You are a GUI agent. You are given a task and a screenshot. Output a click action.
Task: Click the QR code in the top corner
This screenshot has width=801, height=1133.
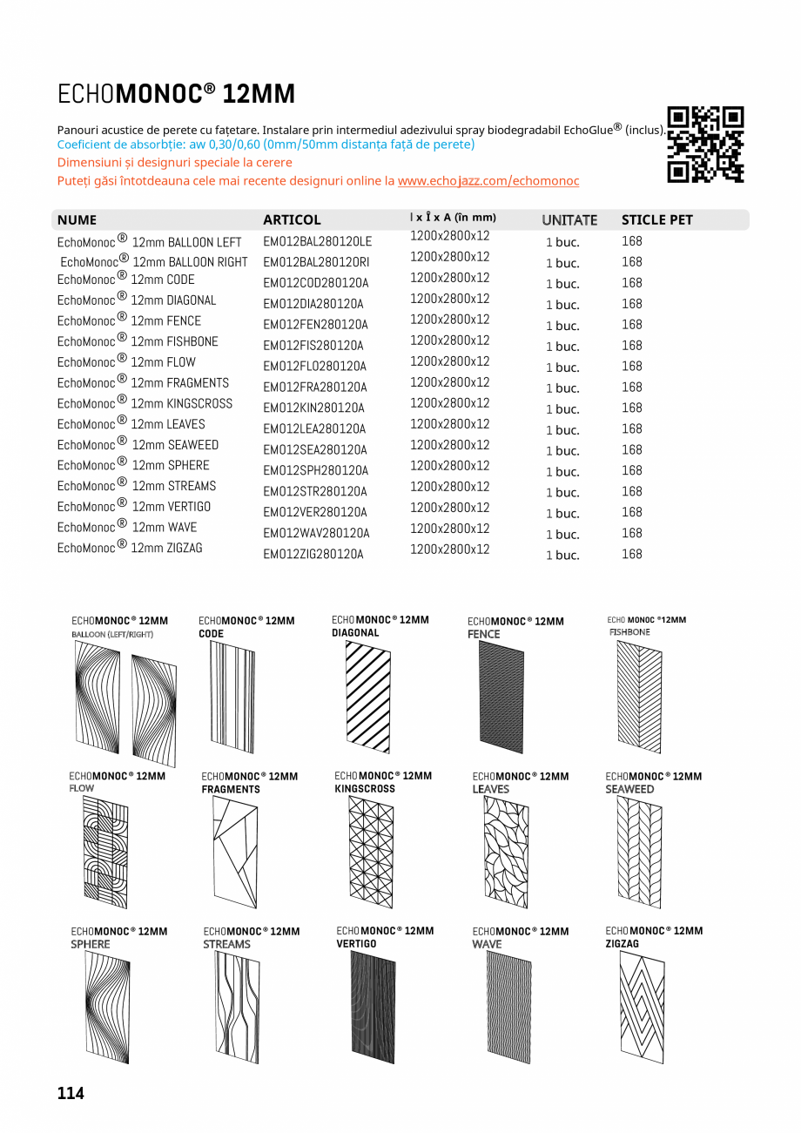point(706,145)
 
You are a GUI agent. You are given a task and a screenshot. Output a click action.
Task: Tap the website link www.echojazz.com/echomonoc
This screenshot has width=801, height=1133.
point(488,181)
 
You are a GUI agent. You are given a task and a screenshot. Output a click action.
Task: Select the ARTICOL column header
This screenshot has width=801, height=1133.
point(292,220)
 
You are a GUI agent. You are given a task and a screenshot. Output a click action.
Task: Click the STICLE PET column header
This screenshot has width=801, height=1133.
point(656,220)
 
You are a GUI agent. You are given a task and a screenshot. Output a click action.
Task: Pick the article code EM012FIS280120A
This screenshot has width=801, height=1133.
point(313,346)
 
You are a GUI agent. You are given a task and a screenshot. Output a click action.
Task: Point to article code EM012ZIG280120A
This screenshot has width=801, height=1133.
point(313,555)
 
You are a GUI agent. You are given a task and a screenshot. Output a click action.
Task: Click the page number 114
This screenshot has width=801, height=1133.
point(71,1093)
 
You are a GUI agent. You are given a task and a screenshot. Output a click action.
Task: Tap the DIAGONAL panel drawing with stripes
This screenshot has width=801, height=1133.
point(367,697)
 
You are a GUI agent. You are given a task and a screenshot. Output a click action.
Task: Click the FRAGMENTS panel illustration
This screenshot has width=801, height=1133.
point(235,852)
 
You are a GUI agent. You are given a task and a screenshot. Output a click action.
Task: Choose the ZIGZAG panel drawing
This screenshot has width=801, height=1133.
point(642,1008)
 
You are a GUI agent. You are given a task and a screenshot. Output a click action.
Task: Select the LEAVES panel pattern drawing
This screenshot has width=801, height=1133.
point(505,852)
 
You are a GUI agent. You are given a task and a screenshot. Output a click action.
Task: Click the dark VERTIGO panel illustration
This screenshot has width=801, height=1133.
point(373,1008)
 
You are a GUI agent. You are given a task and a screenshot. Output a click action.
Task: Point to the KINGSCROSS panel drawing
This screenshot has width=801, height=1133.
point(371,852)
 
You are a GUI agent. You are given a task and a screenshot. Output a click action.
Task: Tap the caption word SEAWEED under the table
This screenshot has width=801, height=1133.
point(629,789)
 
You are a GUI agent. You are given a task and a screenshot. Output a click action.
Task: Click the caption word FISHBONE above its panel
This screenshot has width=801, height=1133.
point(629,632)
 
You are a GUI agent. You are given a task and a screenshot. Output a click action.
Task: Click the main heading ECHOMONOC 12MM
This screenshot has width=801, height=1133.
point(177,94)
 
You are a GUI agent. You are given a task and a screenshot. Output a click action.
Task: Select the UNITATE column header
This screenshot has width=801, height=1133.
point(569,220)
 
